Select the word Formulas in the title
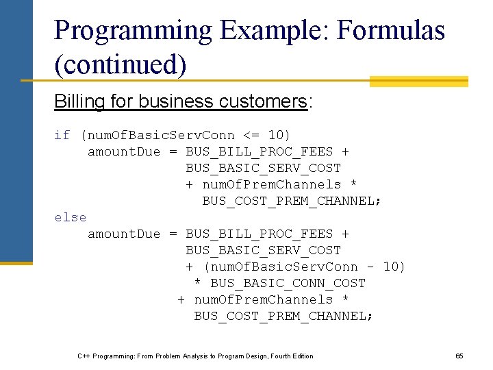click(392, 31)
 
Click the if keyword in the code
click(62, 135)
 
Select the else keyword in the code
click(71, 217)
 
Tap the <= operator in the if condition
click(251, 135)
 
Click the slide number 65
click(459, 356)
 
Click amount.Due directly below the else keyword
click(123, 234)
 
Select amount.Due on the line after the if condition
click(123, 151)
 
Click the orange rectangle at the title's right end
click(418, 82)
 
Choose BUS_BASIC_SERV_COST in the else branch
click(263, 250)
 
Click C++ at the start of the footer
click(84, 356)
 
